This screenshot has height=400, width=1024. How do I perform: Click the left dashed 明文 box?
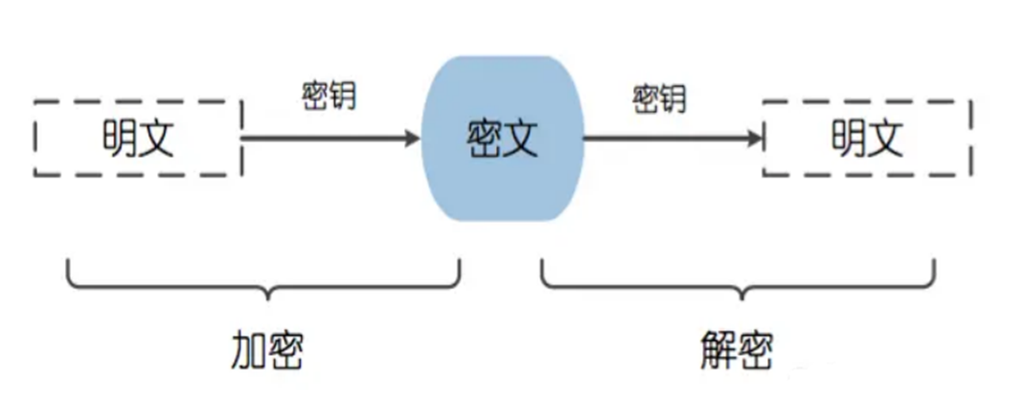click(138, 138)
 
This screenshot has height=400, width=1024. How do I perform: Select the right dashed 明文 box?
click(867, 138)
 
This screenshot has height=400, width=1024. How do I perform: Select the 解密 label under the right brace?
click(734, 351)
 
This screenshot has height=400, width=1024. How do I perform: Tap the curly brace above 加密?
click(263, 278)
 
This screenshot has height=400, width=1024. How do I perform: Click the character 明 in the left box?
click(119, 139)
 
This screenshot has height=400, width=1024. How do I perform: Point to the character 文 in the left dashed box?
click(157, 139)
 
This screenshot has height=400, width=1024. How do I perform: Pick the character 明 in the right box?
click(848, 139)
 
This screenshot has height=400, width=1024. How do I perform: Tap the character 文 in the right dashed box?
click(886, 139)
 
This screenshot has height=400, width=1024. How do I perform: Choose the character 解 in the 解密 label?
click(715, 351)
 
